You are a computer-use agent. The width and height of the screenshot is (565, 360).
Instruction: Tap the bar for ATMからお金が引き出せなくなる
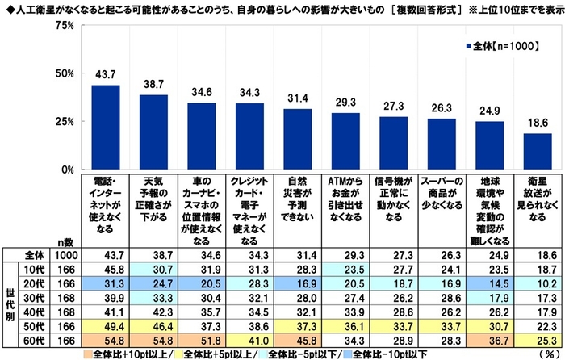345,141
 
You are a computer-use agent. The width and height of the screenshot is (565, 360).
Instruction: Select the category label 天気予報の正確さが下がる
153,199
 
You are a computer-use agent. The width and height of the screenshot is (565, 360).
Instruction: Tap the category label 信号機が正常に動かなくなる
393,199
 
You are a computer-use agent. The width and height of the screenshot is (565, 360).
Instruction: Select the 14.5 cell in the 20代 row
489,282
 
